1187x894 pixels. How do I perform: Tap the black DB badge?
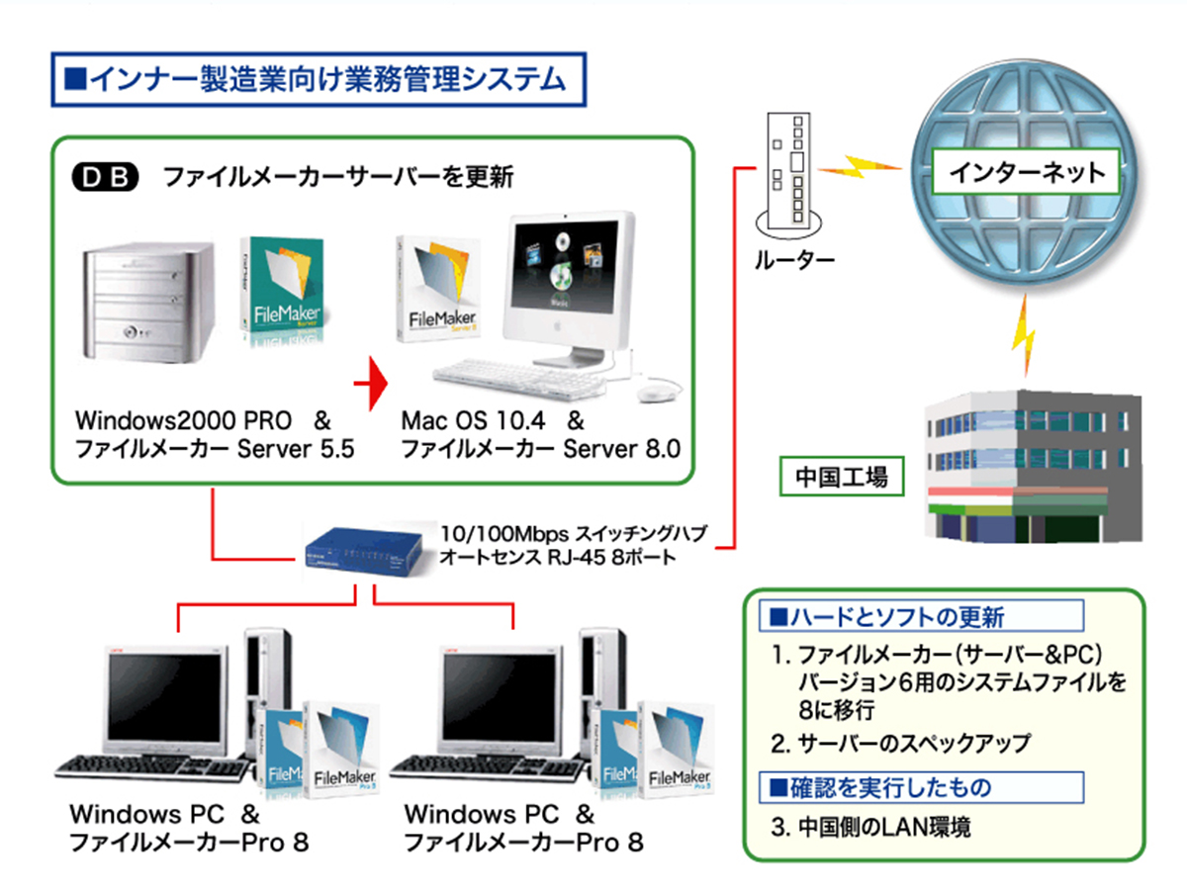tap(107, 179)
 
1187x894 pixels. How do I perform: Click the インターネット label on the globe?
tap(1027, 172)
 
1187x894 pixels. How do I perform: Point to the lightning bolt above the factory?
tap(1024, 337)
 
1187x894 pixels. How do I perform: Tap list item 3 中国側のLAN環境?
tap(870, 827)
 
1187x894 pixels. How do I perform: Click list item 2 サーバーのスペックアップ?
tap(900, 744)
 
